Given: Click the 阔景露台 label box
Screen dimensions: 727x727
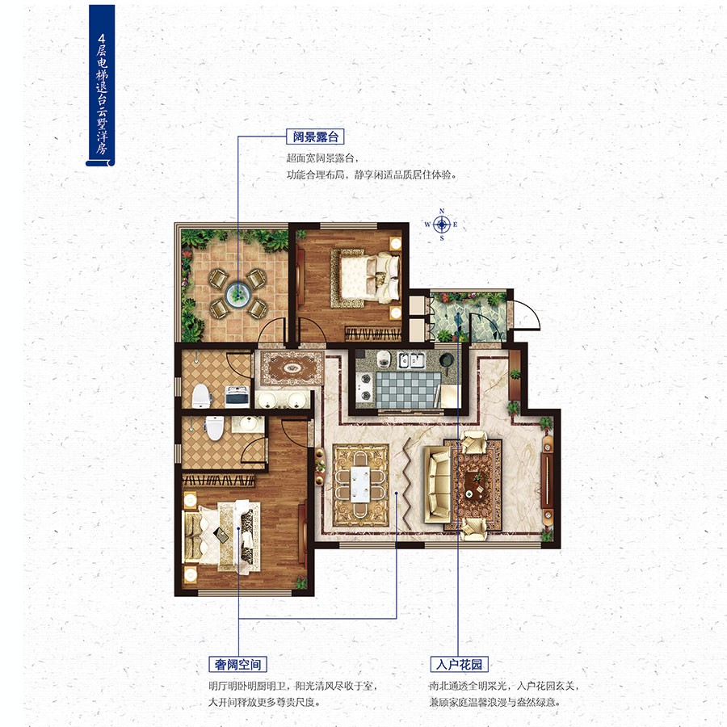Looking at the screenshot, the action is tap(315, 137).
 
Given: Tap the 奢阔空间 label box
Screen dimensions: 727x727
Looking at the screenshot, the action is tap(237, 665).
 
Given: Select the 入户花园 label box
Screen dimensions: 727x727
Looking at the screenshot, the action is tap(459, 665).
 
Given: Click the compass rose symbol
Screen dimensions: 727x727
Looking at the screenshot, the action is tap(442, 225).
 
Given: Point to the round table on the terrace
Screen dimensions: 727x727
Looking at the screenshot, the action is tap(238, 293).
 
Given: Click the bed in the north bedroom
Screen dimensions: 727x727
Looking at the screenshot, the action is tap(365, 278).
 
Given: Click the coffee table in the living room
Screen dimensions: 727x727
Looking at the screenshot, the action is tap(473, 485).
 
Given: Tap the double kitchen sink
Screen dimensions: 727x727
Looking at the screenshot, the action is tap(411, 360).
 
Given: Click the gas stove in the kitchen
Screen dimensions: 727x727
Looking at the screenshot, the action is tap(365, 387).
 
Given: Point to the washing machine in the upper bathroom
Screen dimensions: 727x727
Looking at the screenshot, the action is tap(237, 396).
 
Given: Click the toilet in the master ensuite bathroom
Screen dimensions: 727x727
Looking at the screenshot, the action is tap(214, 427).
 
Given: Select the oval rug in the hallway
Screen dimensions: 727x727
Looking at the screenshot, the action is tap(292, 368).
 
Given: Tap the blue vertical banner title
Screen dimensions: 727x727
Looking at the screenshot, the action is tap(101, 86).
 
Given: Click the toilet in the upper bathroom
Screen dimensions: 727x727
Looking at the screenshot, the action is tap(201, 397).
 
